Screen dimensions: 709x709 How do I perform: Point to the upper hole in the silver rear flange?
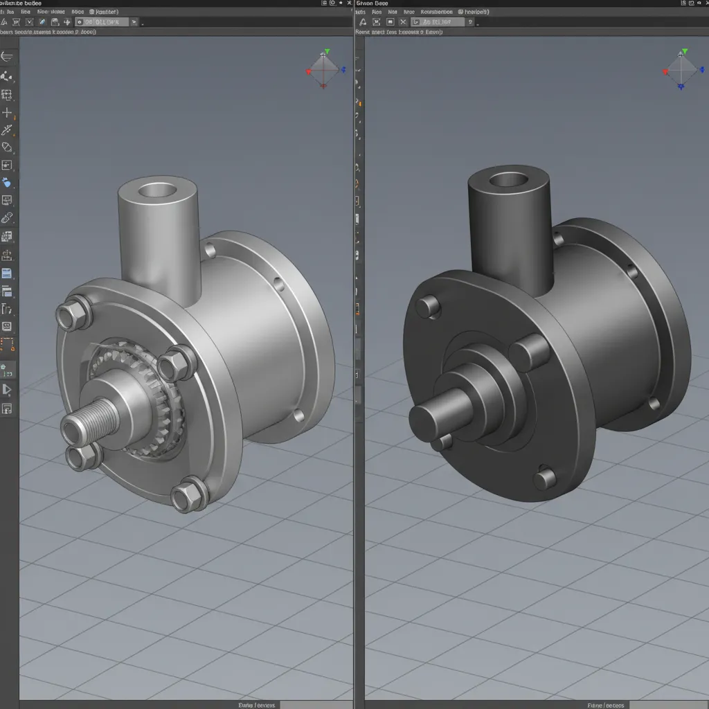(278, 284)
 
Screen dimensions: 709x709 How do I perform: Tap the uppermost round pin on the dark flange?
(429, 305)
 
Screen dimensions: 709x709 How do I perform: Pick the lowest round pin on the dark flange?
(545, 477)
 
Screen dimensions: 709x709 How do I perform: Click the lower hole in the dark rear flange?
(653, 402)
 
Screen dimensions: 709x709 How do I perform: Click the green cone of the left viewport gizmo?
(327, 52)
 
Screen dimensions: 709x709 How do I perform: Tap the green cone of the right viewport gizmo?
(685, 52)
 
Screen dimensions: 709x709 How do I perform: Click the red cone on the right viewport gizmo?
(666, 71)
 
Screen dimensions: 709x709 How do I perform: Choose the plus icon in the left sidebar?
(7, 112)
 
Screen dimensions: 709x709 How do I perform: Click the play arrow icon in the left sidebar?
(7, 391)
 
